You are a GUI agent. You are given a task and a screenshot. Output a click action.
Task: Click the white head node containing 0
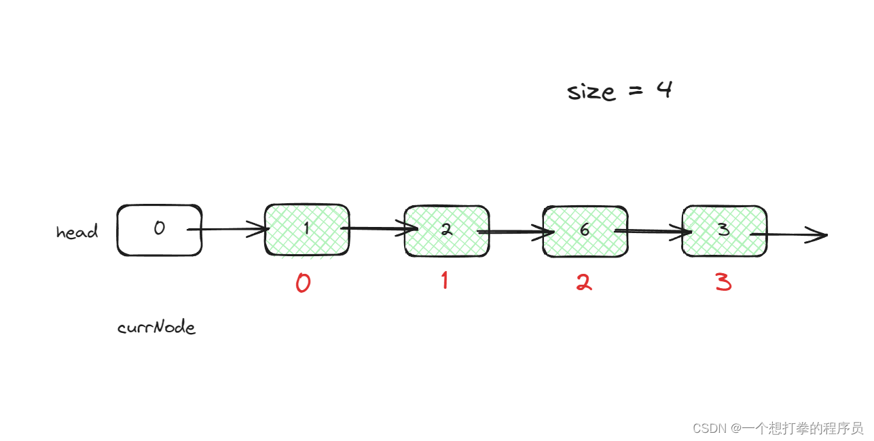[x=159, y=230]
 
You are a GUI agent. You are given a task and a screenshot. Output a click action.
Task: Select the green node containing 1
[x=307, y=230]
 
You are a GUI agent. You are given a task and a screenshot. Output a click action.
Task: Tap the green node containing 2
[x=446, y=230]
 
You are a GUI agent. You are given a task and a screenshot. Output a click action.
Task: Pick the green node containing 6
[x=585, y=230]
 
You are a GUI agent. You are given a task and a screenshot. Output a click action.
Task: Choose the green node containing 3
[x=724, y=230]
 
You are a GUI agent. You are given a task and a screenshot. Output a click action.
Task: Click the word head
[x=77, y=232]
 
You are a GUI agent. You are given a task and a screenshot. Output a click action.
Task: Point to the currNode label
[x=156, y=328]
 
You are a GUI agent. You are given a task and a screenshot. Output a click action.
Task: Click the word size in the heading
[x=591, y=91]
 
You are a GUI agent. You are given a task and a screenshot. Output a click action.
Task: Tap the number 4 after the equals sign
[x=663, y=90]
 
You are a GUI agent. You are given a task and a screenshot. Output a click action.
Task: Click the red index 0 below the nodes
[x=303, y=283]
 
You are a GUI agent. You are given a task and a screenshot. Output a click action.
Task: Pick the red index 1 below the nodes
[x=445, y=280]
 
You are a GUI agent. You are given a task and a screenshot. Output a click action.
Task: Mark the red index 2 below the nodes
[x=584, y=282]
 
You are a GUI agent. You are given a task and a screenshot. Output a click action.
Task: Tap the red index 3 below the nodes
[x=724, y=282]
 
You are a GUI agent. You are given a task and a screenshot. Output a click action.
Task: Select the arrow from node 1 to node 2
[x=377, y=229]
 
